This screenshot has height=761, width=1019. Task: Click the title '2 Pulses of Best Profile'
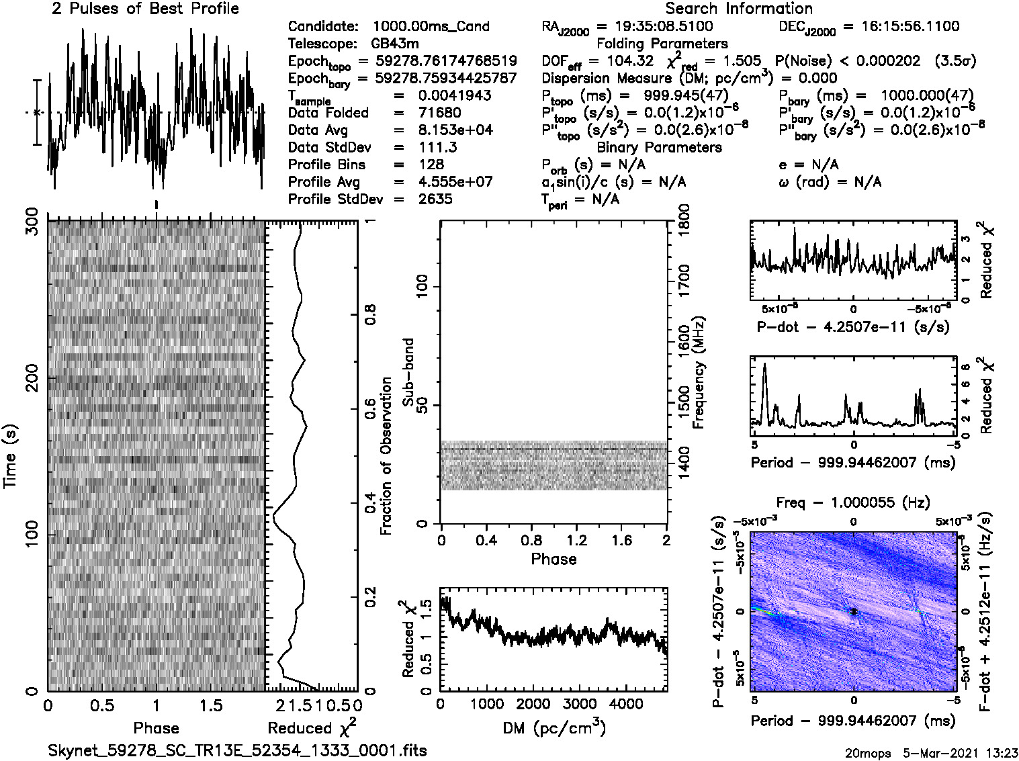pos(145,9)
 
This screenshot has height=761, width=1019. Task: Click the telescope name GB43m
pos(395,44)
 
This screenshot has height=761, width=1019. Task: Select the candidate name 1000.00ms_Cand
pos(431,26)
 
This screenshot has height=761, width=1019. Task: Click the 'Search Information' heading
pos(739,9)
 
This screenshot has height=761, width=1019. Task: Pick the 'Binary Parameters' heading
pos(659,147)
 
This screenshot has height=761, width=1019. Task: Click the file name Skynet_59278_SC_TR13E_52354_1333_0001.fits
pos(237,750)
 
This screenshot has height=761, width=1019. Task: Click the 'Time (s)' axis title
pos(10,456)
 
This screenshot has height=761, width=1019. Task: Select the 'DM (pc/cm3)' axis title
pos(553,728)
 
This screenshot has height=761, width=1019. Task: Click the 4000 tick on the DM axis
pos(625,704)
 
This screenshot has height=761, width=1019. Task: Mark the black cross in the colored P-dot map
pos(853,611)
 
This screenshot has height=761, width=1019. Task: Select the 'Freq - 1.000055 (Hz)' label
pos(853,502)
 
